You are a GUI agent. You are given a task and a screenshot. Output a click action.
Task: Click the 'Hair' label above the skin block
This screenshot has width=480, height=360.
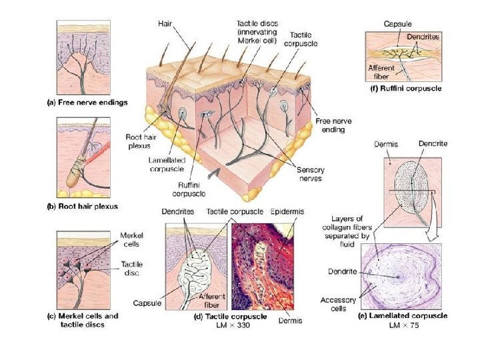tap(166, 23)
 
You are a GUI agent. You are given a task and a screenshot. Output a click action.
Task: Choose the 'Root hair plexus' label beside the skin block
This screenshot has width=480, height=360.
tap(141, 141)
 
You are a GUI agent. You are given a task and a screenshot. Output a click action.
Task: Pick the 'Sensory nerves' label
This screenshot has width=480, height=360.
tap(310, 174)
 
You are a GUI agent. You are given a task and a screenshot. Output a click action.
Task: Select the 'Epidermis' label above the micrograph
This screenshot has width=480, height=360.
tap(287, 211)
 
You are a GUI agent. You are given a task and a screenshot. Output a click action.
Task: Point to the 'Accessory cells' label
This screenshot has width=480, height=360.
tap(338, 304)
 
